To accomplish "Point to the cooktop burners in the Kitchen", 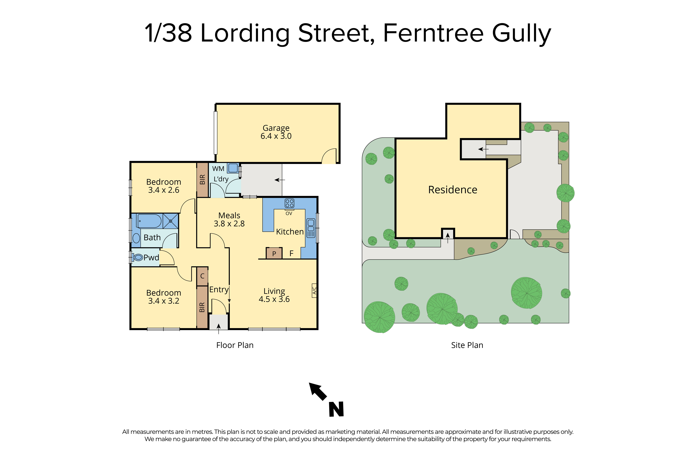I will (289, 203).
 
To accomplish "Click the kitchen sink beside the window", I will (311, 228).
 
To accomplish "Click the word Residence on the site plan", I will (453, 190).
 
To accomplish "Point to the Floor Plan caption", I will (235, 345).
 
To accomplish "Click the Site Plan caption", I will (467, 345).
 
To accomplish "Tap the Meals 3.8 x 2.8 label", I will (229, 219).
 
